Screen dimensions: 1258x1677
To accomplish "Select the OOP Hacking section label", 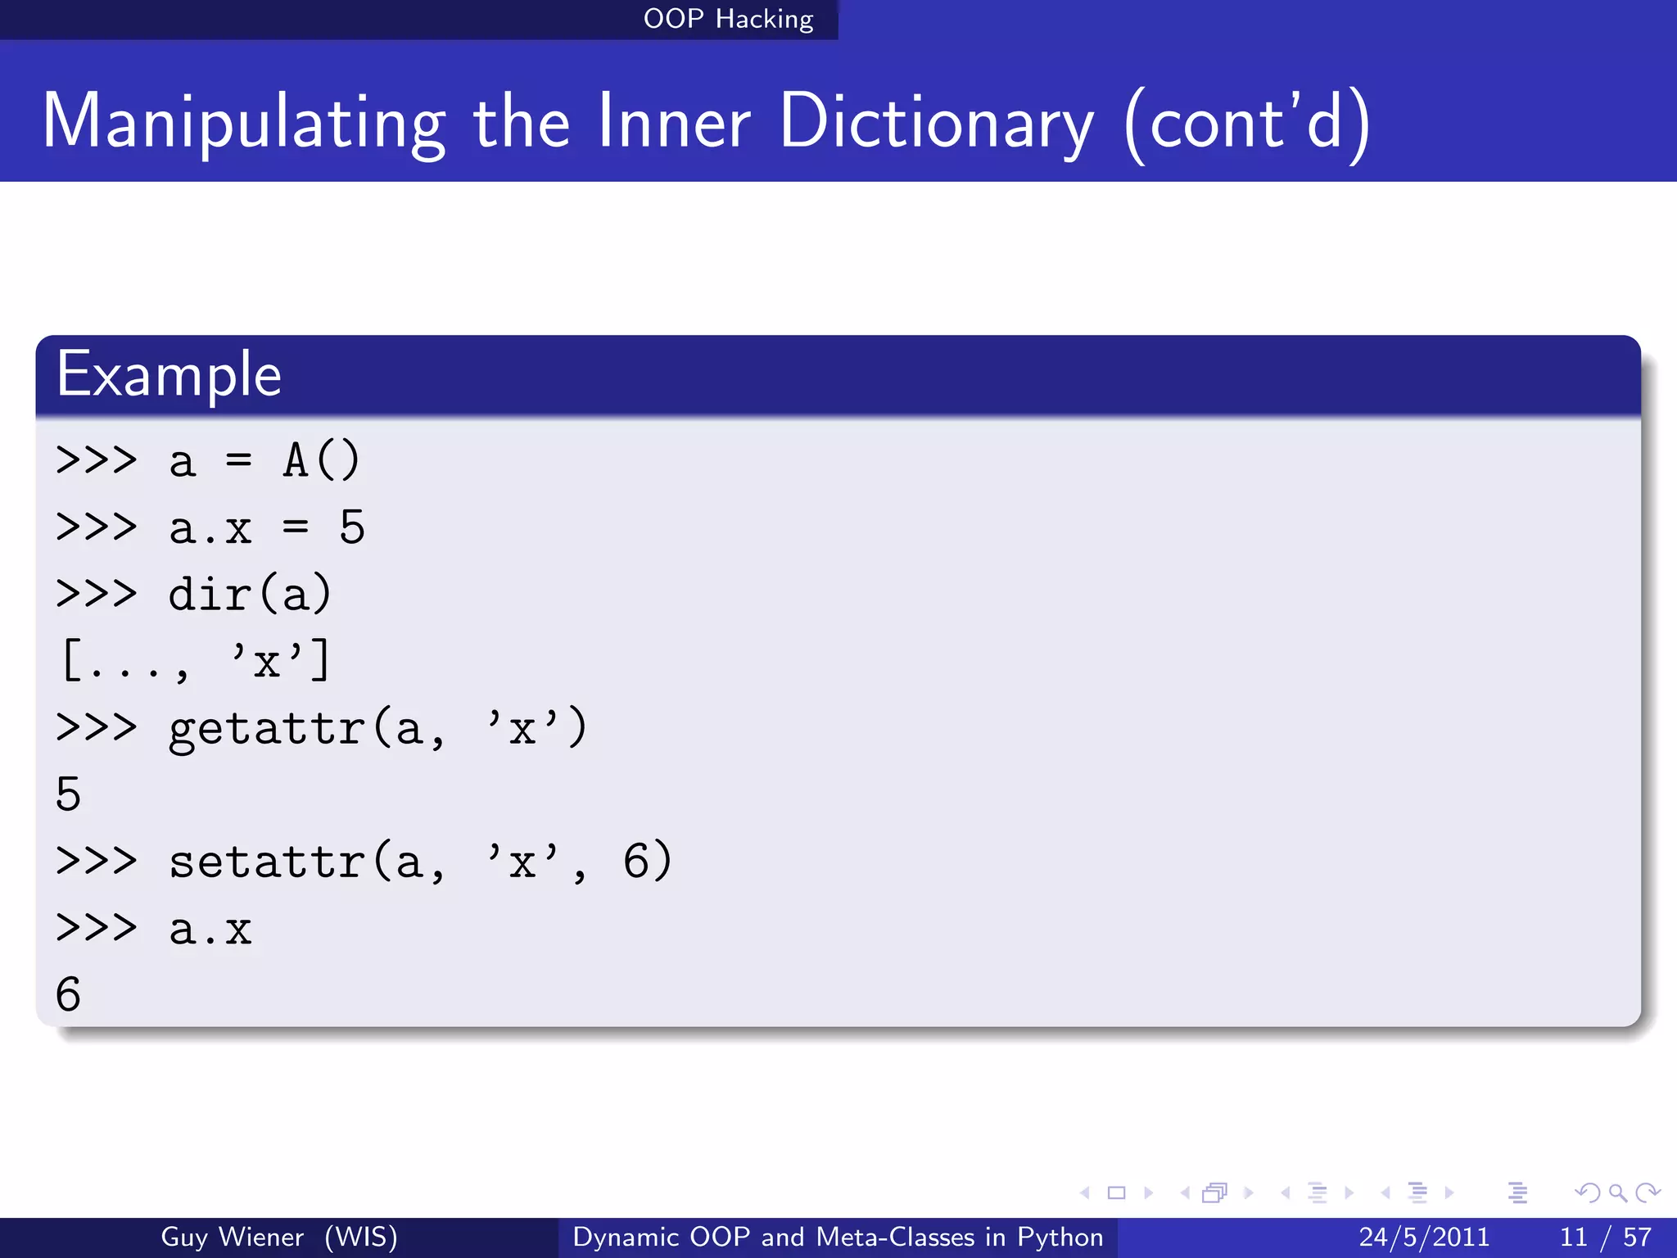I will coord(728,19).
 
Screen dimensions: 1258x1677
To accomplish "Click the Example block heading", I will coord(170,374).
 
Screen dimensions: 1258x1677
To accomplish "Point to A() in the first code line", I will coord(321,460).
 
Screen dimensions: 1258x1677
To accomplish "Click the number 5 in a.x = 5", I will coord(352,527).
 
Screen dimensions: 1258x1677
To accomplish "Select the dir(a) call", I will coord(250,595).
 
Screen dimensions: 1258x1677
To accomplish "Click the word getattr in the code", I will coord(266,729).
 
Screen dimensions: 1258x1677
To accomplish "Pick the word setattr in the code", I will coord(266,862).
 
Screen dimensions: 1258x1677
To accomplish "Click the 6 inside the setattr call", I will coord(636,862).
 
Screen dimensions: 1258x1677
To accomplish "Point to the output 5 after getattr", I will coord(69,794).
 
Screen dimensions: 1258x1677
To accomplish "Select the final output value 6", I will coord(69,994).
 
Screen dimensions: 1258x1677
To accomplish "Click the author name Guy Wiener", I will coord(232,1237).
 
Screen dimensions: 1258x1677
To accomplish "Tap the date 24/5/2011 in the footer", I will coord(1424,1237).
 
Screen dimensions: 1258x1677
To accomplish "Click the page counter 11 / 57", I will coord(1606,1237).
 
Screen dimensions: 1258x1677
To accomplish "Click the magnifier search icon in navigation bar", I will coord(1617,1192).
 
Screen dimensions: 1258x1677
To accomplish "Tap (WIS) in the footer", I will coord(360,1237).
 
